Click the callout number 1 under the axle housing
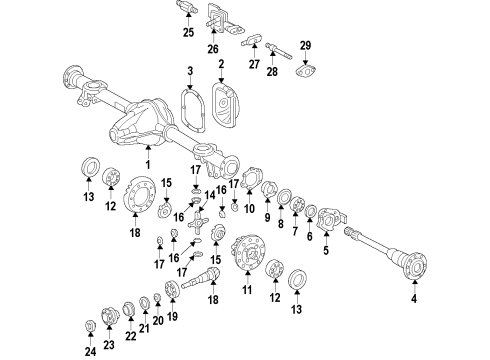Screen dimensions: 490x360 coord(148,164)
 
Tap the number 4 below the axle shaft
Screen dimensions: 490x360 coord(414,299)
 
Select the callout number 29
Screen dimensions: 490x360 coord(305,46)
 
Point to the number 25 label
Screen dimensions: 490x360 coord(188,32)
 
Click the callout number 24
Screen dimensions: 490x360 coord(90,351)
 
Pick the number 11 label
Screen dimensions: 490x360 coord(247,290)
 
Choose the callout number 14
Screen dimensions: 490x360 coord(210,195)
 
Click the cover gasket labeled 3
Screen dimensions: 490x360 coord(192,109)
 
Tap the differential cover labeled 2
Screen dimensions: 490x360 coord(225,105)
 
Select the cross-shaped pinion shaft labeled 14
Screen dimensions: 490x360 coord(198,224)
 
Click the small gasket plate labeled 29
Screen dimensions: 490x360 coord(305,72)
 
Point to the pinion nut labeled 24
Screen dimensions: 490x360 coord(90,326)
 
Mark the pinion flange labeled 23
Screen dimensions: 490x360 coord(110,315)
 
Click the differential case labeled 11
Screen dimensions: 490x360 coord(248,252)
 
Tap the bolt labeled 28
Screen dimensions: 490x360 coord(278,50)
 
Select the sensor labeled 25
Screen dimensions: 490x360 coord(187,7)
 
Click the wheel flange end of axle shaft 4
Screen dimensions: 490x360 coord(416,265)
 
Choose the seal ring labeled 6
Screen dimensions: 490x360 coord(311,211)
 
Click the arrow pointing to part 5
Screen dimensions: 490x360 coord(326,238)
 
